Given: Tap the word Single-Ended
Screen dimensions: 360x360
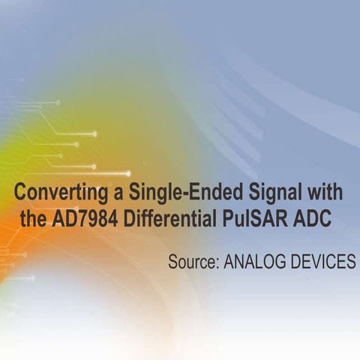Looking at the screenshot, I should click(177, 193).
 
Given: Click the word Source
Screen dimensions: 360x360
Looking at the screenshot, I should click(191, 262).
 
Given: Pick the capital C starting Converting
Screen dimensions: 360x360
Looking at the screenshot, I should click(22, 193).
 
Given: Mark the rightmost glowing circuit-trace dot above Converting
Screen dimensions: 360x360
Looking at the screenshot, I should click(128, 173).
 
